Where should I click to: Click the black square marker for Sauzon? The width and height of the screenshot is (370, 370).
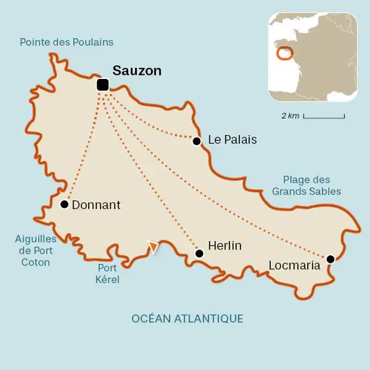tap(103, 85)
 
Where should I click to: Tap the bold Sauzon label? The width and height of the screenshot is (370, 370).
tap(136, 70)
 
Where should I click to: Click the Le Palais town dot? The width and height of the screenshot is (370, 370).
tap(196, 141)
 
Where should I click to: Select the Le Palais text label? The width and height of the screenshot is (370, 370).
tap(232, 140)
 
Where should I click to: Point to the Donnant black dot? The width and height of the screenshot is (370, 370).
tap(64, 204)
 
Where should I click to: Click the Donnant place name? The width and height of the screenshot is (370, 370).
tap(96, 205)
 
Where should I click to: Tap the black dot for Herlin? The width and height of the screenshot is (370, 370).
tap(200, 254)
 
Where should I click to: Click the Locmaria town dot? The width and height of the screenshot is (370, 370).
tap(331, 259)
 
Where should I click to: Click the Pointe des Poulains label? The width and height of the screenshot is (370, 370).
tap(67, 42)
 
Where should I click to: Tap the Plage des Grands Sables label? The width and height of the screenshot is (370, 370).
tap(306, 185)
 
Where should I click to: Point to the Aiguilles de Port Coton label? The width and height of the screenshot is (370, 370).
tap(35, 250)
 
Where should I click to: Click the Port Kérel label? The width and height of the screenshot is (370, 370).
tap(107, 274)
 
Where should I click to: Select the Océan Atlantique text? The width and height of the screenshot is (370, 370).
tap(187, 319)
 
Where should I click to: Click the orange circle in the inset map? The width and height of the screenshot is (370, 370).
tap(284, 53)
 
